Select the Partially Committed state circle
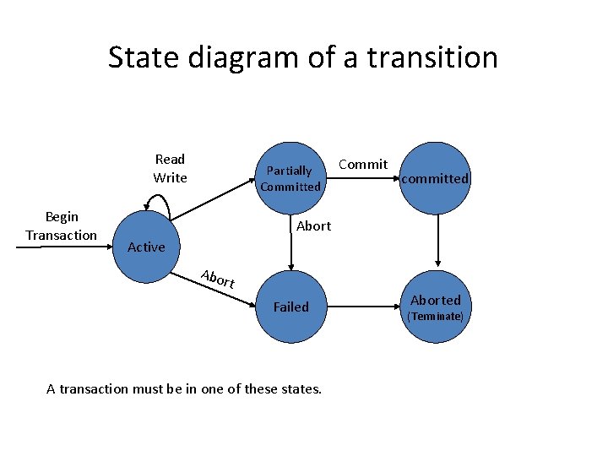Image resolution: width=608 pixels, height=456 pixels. [x=290, y=178]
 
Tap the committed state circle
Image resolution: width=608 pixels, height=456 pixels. [x=435, y=178]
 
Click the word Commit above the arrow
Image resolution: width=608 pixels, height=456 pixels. [x=363, y=164]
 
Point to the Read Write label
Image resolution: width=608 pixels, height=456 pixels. [x=170, y=168]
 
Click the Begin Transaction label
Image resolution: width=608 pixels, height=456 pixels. [x=61, y=225]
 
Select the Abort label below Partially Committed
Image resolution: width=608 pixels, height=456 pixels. [x=313, y=225]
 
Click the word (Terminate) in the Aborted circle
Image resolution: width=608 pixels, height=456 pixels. [x=436, y=317]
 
